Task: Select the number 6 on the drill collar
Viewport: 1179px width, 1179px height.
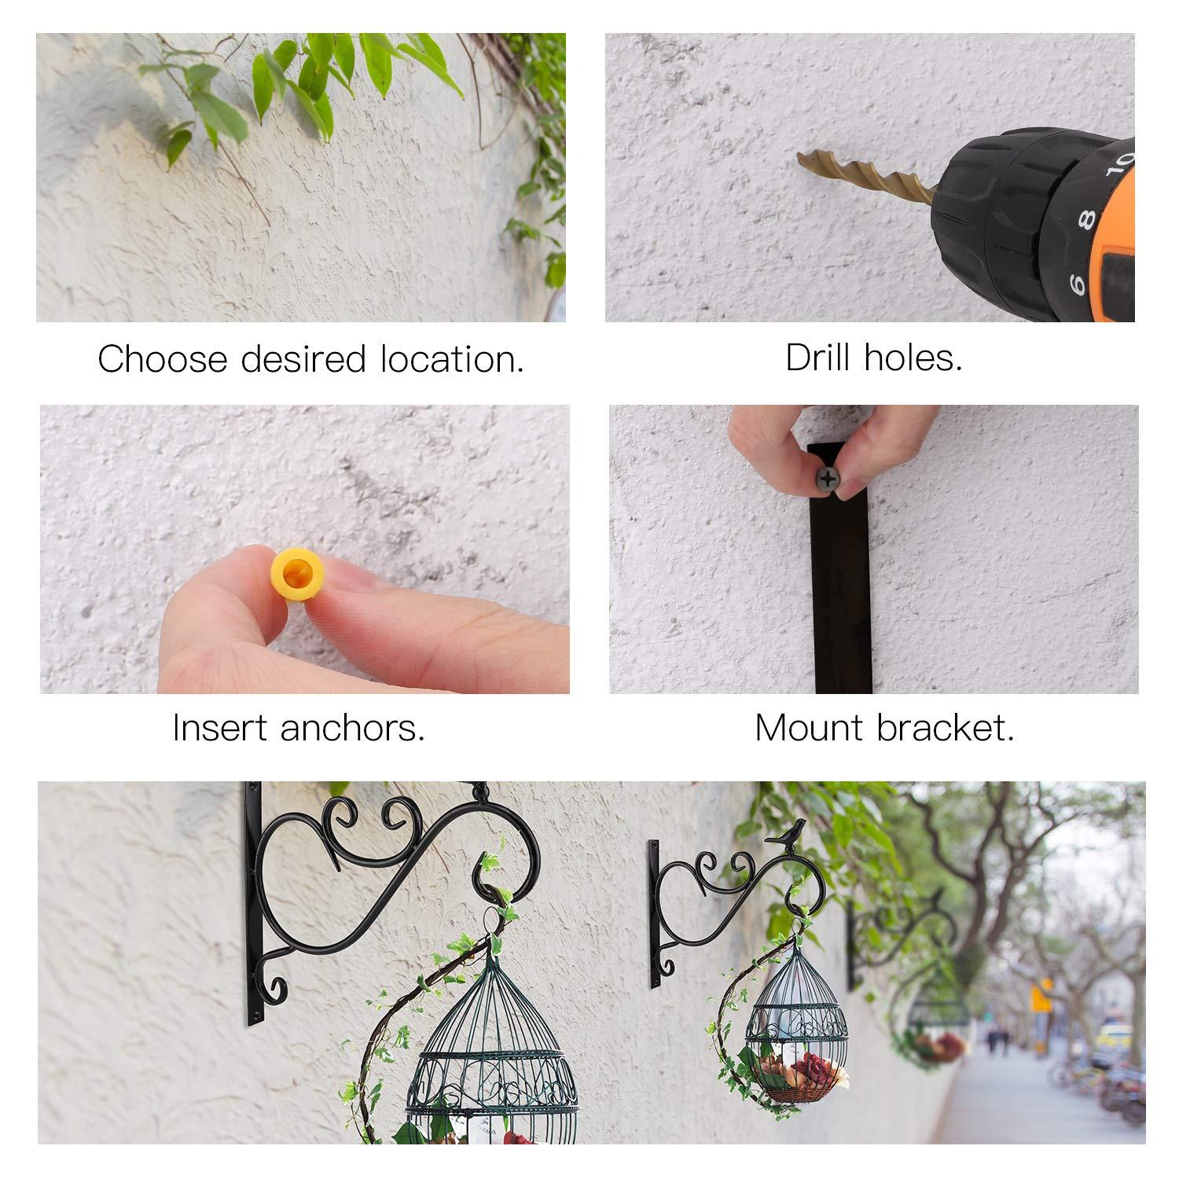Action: [x=1077, y=282]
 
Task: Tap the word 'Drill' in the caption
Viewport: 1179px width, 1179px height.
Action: [x=817, y=358]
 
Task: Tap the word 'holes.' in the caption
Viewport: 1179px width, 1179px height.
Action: [x=913, y=358]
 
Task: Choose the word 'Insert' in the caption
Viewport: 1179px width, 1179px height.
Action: [x=221, y=728]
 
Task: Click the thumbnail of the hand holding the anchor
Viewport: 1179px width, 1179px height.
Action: [x=305, y=549]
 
